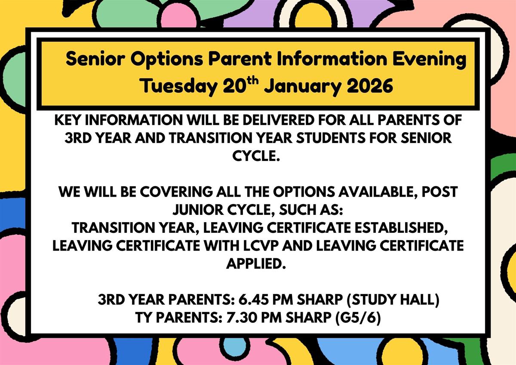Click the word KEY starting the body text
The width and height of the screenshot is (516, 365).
tap(67, 120)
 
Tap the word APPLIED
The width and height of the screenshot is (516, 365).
tap(256, 263)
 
